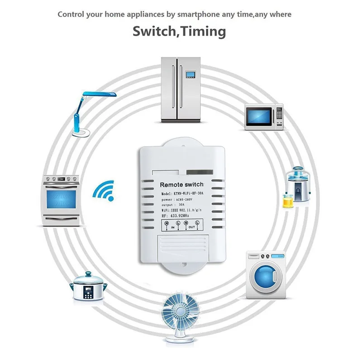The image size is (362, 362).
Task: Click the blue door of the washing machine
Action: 264,277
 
